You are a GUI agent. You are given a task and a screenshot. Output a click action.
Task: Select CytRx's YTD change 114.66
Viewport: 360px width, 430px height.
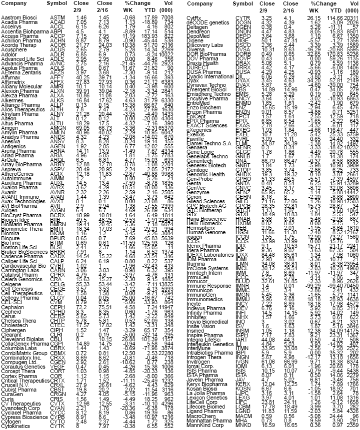click(326, 17)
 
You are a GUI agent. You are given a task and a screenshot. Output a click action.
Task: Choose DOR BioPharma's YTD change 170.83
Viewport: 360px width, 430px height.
click(326, 54)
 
